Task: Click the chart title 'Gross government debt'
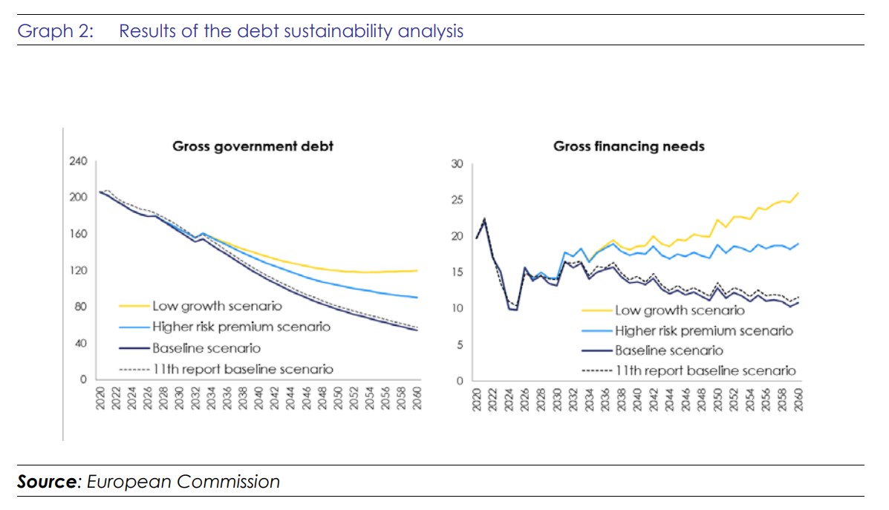click(x=253, y=146)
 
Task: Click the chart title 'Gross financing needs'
click(x=628, y=146)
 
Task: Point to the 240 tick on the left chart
click(x=78, y=162)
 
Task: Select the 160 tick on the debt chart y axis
click(x=78, y=235)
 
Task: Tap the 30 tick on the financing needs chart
click(x=457, y=164)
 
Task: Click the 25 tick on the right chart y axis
click(x=457, y=200)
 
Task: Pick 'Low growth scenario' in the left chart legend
click(x=217, y=306)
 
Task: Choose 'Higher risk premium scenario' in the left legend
click(x=241, y=327)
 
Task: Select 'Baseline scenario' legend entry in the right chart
click(x=668, y=350)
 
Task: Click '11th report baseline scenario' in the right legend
click(x=706, y=370)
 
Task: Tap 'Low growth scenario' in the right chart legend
click(x=679, y=310)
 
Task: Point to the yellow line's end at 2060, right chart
click(x=798, y=193)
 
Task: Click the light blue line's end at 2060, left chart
click(x=417, y=298)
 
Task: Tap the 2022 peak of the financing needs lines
click(x=484, y=219)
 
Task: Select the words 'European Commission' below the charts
click(x=183, y=482)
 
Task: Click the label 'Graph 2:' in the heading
click(x=55, y=31)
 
